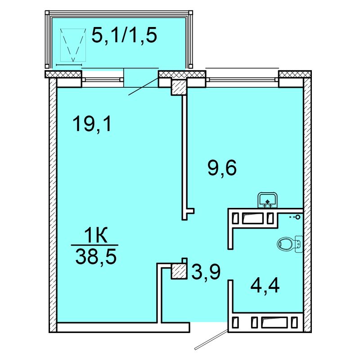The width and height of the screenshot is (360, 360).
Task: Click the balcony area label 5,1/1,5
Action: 124,35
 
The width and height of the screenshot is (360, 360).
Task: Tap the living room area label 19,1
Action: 92,124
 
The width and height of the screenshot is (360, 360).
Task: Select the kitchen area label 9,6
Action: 222,167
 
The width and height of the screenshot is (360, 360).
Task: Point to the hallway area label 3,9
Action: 206,271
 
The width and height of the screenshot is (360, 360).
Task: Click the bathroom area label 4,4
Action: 265,285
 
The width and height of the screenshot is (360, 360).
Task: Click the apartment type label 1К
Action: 96,235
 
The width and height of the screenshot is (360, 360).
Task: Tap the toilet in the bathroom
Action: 290,244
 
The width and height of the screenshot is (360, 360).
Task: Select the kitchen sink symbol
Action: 267,200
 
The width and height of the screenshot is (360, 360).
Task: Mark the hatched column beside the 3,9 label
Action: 178,272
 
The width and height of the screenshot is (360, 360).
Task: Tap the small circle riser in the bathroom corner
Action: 298,217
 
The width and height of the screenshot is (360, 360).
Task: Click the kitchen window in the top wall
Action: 242,80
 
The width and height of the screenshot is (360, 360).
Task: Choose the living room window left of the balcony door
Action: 103,80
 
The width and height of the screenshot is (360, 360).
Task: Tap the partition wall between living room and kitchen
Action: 184,157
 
